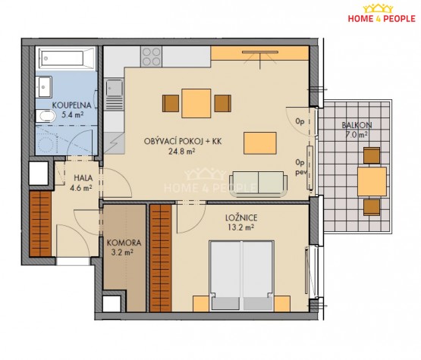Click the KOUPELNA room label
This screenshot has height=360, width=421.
coord(72,105)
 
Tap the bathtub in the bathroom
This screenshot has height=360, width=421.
coord(66,58)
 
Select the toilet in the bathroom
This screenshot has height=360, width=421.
coord(46,116)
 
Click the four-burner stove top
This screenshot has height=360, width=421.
coord(152,57)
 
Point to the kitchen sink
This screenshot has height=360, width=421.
coord(115,88)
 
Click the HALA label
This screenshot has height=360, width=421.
coord(83,178)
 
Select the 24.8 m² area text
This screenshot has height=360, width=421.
coord(182,152)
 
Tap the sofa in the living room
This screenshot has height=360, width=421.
coord(259,183)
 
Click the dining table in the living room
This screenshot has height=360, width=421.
coord(196,104)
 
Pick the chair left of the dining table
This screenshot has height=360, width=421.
coord(171,104)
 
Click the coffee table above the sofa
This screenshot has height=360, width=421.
coord(260,143)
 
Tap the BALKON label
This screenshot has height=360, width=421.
coord(357,125)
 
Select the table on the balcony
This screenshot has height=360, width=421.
coord(372,181)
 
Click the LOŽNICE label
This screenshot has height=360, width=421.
coord(241,218)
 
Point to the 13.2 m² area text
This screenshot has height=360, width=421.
coord(240,227)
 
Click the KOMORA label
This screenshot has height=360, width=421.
coord(124,243)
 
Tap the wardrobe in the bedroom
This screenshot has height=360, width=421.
coord(161,258)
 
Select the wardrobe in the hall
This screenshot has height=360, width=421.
coord(40,224)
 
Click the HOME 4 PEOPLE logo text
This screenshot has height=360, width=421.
coord(382,18)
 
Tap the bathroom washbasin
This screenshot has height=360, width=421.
coord(44,87)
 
